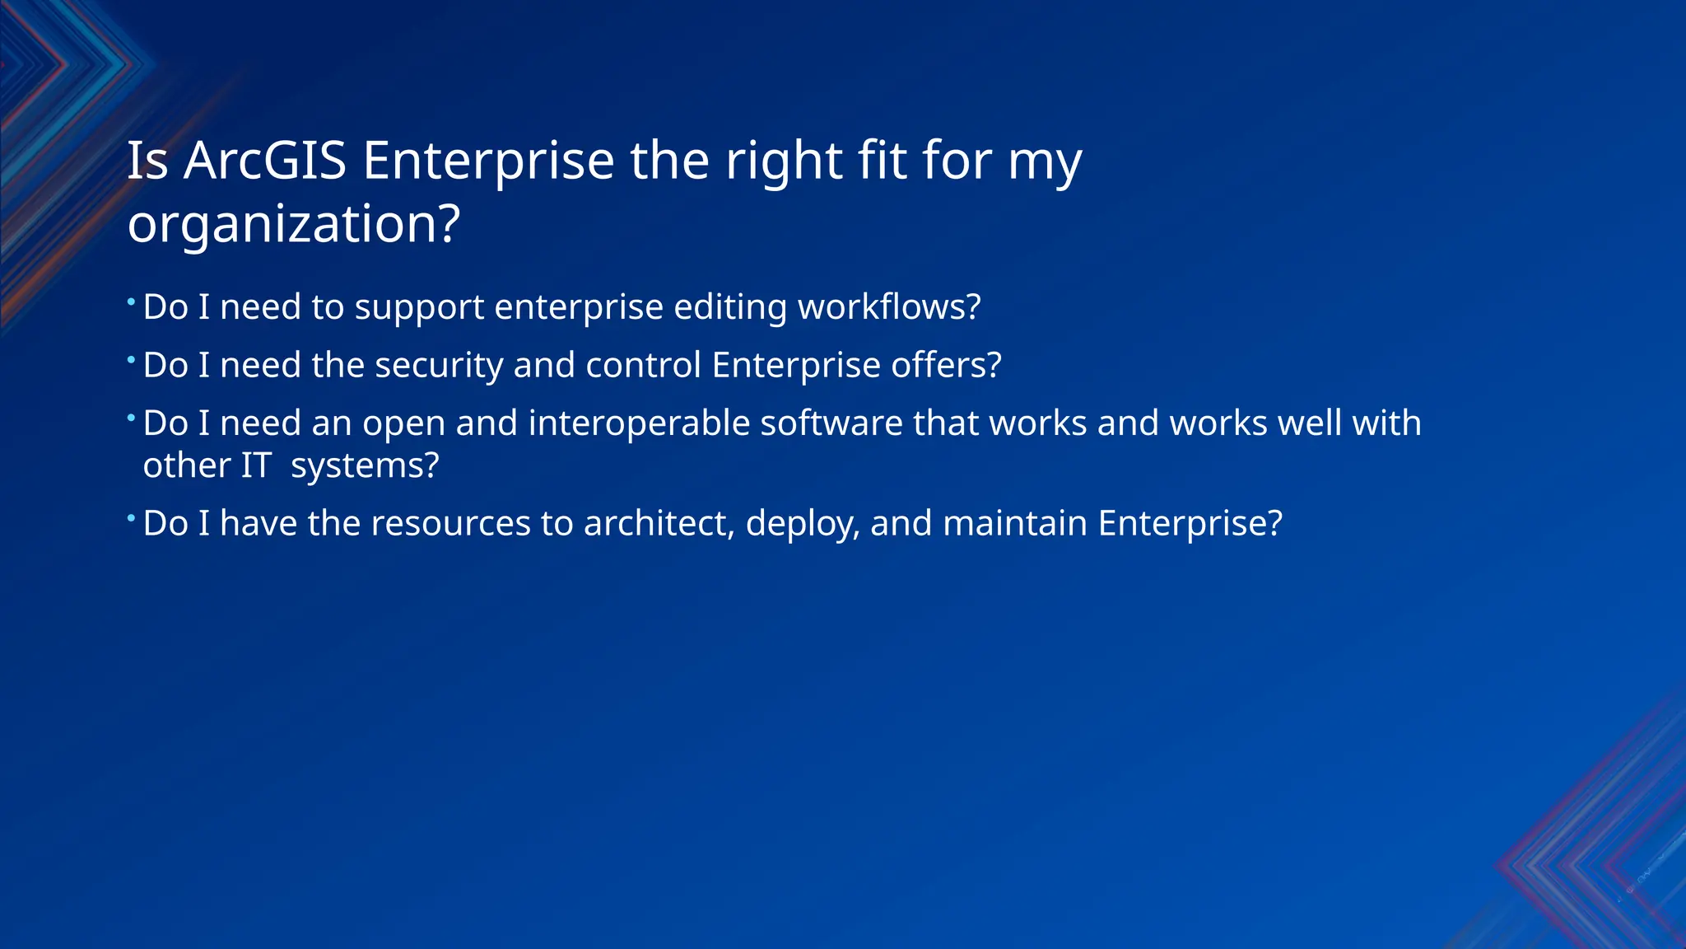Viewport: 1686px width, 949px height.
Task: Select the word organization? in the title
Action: [293, 223]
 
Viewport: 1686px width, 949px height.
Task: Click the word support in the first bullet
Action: [419, 307]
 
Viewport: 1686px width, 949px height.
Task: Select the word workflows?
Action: [889, 307]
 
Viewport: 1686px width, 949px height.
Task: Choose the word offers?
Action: [946, 365]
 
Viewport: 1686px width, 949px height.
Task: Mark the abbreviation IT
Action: [256, 465]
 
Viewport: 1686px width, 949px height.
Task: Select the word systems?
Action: [365, 465]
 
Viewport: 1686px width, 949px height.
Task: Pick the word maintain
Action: [1015, 523]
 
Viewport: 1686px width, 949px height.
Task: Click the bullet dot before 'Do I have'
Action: [131, 517]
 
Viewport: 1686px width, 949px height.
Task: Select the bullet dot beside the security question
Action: [131, 359]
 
